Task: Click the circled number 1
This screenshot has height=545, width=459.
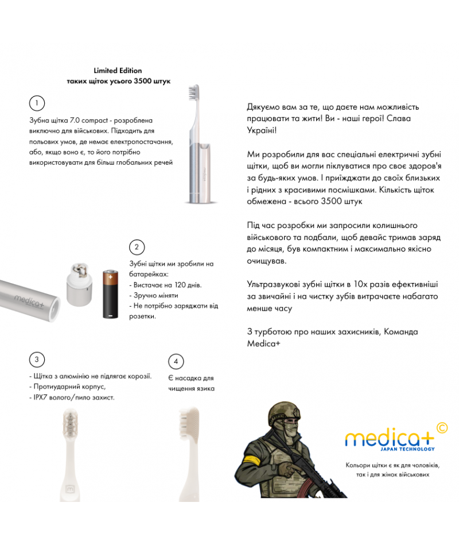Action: coord(36,103)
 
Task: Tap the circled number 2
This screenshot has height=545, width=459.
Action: coord(137,248)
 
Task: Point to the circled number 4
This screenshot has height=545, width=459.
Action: coord(176,362)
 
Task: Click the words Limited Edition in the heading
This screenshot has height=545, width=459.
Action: coord(118,71)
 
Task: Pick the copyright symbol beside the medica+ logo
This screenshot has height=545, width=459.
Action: coord(442,427)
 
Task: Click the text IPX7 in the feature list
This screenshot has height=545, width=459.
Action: coord(37,397)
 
